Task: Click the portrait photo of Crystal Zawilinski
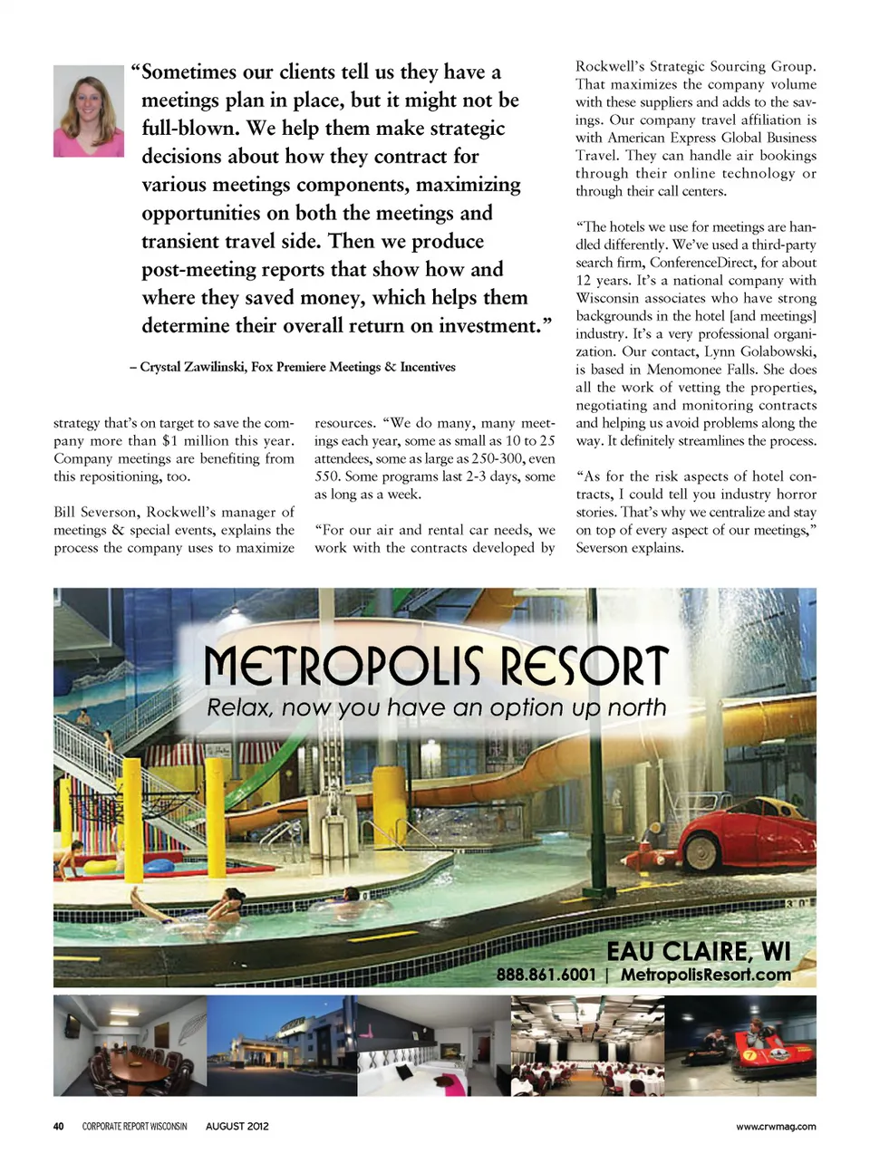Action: (89, 111)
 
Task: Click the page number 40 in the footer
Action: (58, 1126)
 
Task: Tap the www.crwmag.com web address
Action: (775, 1126)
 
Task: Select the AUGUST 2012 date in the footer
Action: (237, 1126)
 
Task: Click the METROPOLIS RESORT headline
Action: (436, 666)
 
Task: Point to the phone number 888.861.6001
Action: (546, 975)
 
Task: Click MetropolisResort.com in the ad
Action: (705, 975)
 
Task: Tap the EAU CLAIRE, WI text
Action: (698, 951)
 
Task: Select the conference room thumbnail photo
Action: (130, 1045)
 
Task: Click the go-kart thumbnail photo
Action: (740, 1045)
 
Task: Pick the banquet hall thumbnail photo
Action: (587, 1045)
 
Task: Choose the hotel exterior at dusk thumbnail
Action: (282, 1045)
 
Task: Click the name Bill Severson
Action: (95, 512)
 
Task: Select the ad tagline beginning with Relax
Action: (436, 707)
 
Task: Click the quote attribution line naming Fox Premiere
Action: (293, 367)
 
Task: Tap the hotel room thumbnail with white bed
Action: (433, 1045)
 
